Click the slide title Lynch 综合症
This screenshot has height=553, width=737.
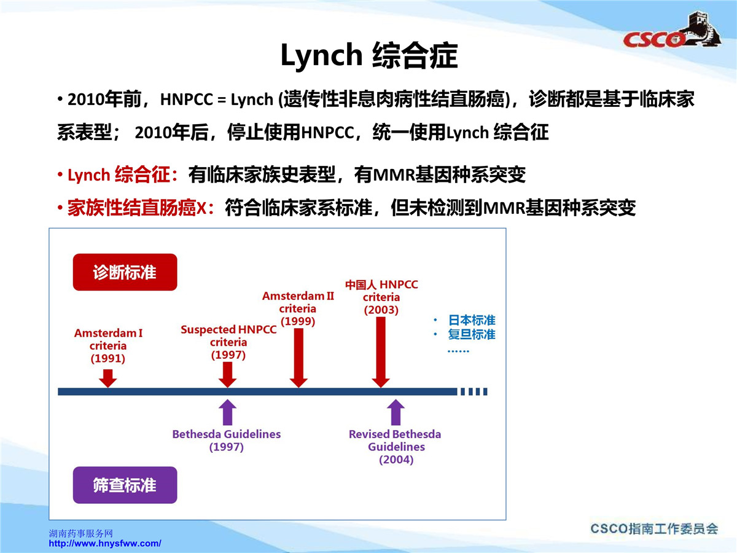tap(369, 55)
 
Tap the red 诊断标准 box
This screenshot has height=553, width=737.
tap(125, 272)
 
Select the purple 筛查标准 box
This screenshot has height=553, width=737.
tap(125, 485)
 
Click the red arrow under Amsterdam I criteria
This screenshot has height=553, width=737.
tap(107, 378)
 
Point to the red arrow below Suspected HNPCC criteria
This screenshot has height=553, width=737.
tap(228, 375)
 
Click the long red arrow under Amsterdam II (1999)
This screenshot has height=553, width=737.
tap(298, 358)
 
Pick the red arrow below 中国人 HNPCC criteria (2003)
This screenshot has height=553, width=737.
tap(381, 353)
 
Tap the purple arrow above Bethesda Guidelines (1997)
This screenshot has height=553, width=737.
tap(228, 412)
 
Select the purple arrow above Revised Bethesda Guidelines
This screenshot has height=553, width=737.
tap(396, 412)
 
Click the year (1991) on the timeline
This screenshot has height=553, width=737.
tap(107, 359)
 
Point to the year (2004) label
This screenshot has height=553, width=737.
tap(396, 460)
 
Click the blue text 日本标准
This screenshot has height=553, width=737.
tap(472, 320)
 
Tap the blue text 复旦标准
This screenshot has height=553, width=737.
tap(472, 334)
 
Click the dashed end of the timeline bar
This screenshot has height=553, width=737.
tap(474, 391)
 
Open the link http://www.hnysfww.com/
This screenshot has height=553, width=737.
tap(105, 543)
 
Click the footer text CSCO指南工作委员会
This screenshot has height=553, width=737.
tap(654, 529)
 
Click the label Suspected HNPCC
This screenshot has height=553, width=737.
tap(228, 330)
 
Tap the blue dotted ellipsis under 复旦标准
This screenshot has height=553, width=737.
tap(458, 351)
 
